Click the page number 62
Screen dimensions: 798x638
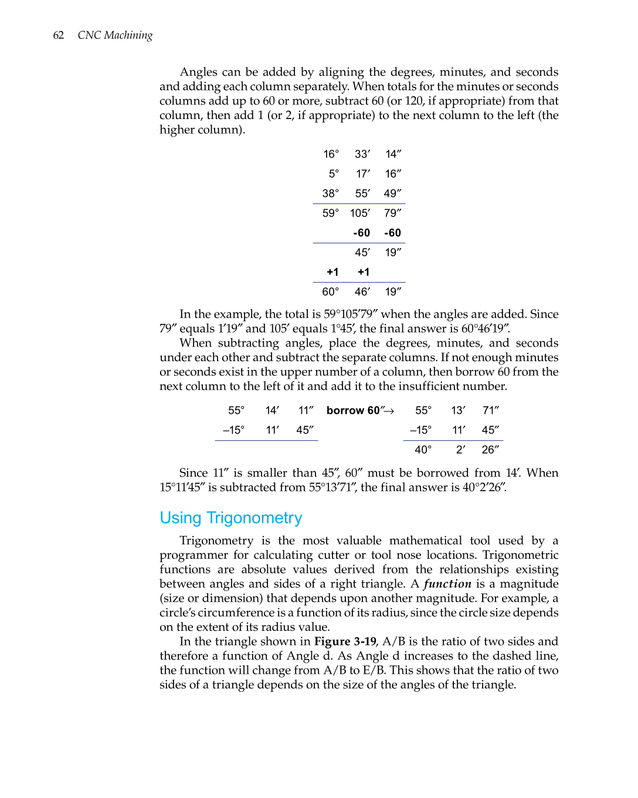[x=58, y=35]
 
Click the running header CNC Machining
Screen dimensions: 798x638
[x=115, y=35]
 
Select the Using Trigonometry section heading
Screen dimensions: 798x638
[x=230, y=518]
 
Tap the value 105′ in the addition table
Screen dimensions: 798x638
[x=360, y=213]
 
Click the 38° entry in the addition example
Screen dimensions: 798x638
[x=330, y=193]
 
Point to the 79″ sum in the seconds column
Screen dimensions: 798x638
[x=392, y=213]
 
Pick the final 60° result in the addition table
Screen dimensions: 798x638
[x=330, y=291]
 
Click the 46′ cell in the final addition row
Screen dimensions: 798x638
[x=362, y=291]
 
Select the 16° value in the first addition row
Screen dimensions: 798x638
[x=331, y=154]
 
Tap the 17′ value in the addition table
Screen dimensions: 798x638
[x=363, y=174]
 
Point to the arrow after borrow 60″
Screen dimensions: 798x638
[x=389, y=411]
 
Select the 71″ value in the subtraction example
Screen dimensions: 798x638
[x=490, y=410]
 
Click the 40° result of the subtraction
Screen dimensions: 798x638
[x=423, y=450]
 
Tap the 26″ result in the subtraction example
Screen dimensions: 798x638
[x=490, y=450]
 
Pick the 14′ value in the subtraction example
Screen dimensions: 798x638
[x=272, y=410]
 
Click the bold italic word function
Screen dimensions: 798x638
[x=447, y=583]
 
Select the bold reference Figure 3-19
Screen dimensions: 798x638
[x=345, y=641]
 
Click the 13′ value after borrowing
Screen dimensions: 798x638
[x=459, y=410]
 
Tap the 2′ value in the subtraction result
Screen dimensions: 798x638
[x=461, y=450]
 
